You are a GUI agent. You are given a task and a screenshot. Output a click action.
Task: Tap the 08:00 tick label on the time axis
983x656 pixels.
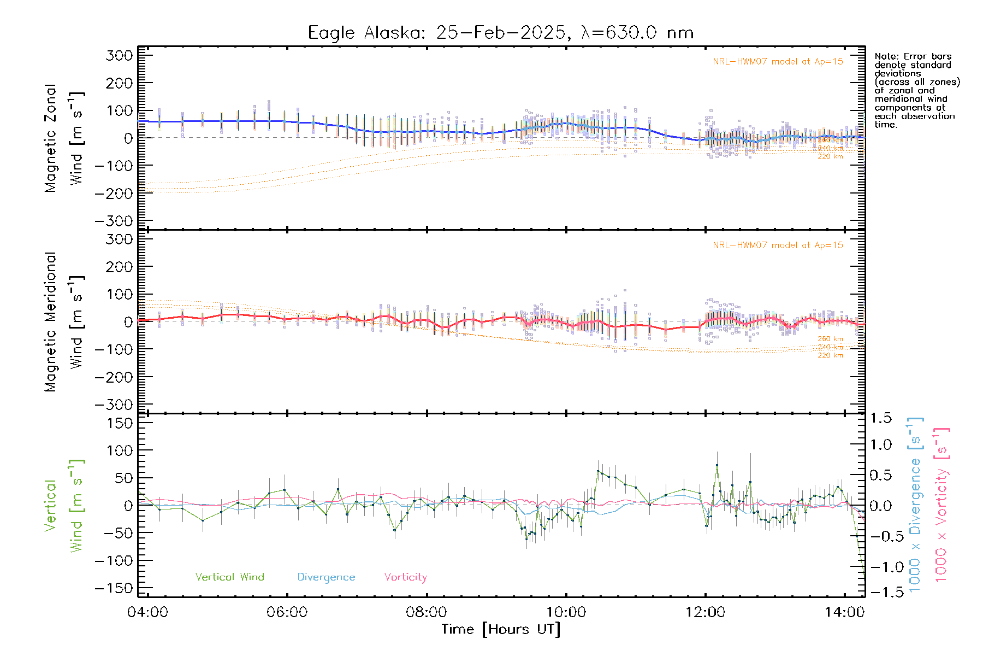pos(427,612)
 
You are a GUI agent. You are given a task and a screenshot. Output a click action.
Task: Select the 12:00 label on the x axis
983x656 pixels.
pos(705,612)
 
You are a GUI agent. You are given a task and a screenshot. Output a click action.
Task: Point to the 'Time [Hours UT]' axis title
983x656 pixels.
pos(501,629)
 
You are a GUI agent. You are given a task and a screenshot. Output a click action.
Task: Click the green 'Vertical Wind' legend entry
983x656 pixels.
pos(229,577)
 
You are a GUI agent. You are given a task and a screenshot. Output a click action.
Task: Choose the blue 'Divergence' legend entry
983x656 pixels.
pos(326,577)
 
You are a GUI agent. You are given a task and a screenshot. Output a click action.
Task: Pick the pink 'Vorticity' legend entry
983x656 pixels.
pos(405,577)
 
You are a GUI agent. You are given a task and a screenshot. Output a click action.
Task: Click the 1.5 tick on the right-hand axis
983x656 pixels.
pos(881,418)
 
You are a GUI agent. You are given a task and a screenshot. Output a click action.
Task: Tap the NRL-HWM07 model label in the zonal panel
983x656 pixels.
pos(778,62)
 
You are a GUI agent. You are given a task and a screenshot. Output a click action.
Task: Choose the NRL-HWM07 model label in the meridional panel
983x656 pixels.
pos(778,245)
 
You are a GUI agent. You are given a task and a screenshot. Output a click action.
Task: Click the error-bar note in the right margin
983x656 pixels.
pos(916,90)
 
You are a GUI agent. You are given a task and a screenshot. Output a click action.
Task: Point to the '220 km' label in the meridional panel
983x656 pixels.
pos(830,355)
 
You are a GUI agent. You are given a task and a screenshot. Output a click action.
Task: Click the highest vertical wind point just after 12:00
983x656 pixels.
pos(717,465)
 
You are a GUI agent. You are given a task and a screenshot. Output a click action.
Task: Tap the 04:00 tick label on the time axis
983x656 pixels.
pos(148,612)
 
